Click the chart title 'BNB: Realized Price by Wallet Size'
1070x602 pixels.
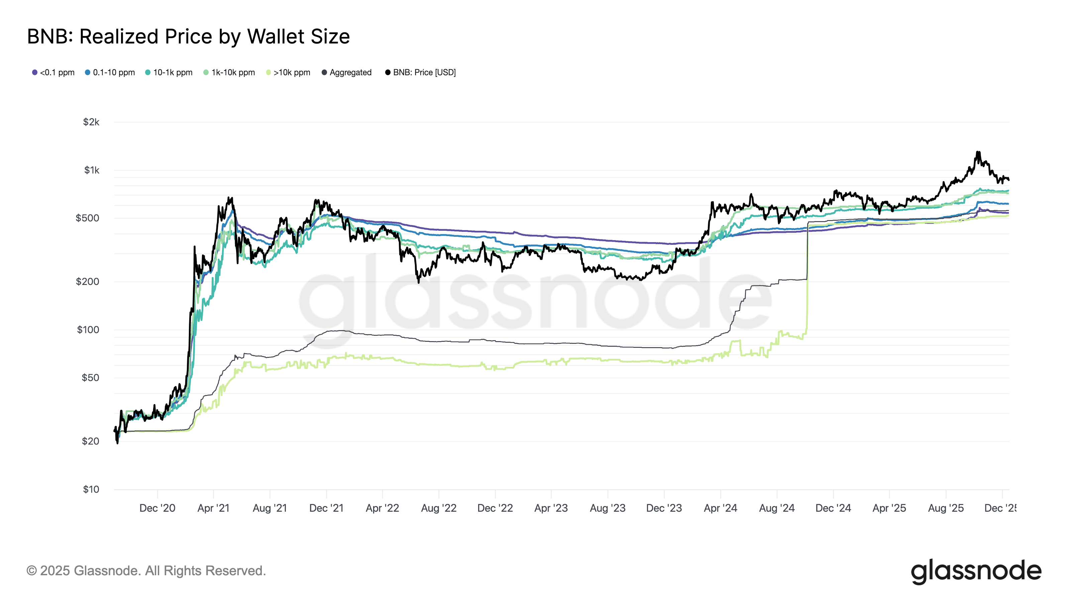tap(188, 36)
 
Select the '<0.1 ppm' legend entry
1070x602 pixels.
tap(53, 72)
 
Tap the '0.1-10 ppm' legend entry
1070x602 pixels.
tap(110, 72)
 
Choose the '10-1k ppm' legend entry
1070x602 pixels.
tap(169, 72)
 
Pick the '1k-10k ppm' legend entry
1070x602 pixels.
tap(229, 72)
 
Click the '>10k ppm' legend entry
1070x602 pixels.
tap(288, 72)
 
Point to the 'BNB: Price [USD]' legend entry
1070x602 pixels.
tap(420, 72)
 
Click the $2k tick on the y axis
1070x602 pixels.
tap(91, 122)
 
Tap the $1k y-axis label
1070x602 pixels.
tap(92, 170)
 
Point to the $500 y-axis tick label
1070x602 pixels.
tap(87, 218)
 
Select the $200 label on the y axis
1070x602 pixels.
tap(87, 282)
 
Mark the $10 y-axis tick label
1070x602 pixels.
tap(91, 489)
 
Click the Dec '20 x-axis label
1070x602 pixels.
tap(157, 508)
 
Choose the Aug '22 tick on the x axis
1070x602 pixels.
tap(439, 508)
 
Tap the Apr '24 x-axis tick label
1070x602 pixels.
tap(720, 508)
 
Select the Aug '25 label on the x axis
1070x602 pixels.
tap(946, 508)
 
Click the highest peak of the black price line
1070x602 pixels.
tap(978, 152)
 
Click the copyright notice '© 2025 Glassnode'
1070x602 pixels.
tap(146, 571)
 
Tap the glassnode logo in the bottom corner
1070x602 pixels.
tap(976, 572)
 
